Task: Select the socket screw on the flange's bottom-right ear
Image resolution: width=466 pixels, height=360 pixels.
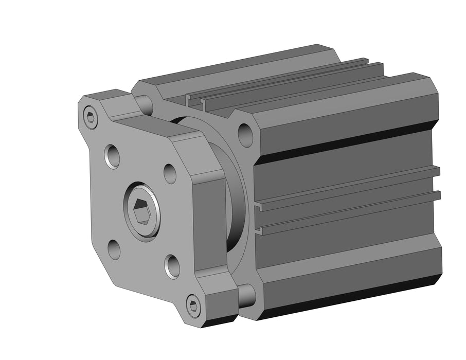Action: [x=193, y=307]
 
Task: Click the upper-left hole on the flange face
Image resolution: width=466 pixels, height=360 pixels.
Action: [x=113, y=155]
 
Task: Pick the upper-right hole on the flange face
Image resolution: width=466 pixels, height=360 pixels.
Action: [x=170, y=173]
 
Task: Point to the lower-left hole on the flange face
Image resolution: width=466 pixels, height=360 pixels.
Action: [x=114, y=250]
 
